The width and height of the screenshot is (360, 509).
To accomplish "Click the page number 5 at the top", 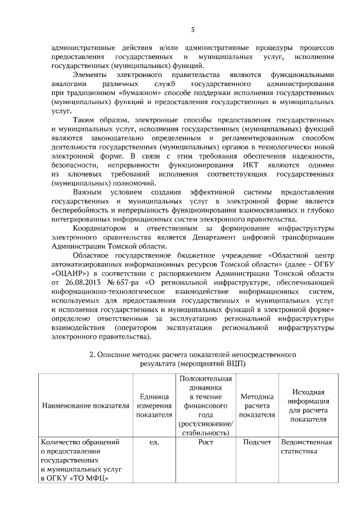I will [x=193, y=29].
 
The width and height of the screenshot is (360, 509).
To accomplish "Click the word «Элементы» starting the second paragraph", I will [x=91, y=75].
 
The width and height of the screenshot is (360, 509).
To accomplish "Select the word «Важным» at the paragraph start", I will [x=88, y=192].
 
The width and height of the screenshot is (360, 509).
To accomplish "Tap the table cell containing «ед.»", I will [x=154, y=443].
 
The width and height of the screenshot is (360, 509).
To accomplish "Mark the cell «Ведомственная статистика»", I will [x=306, y=447].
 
